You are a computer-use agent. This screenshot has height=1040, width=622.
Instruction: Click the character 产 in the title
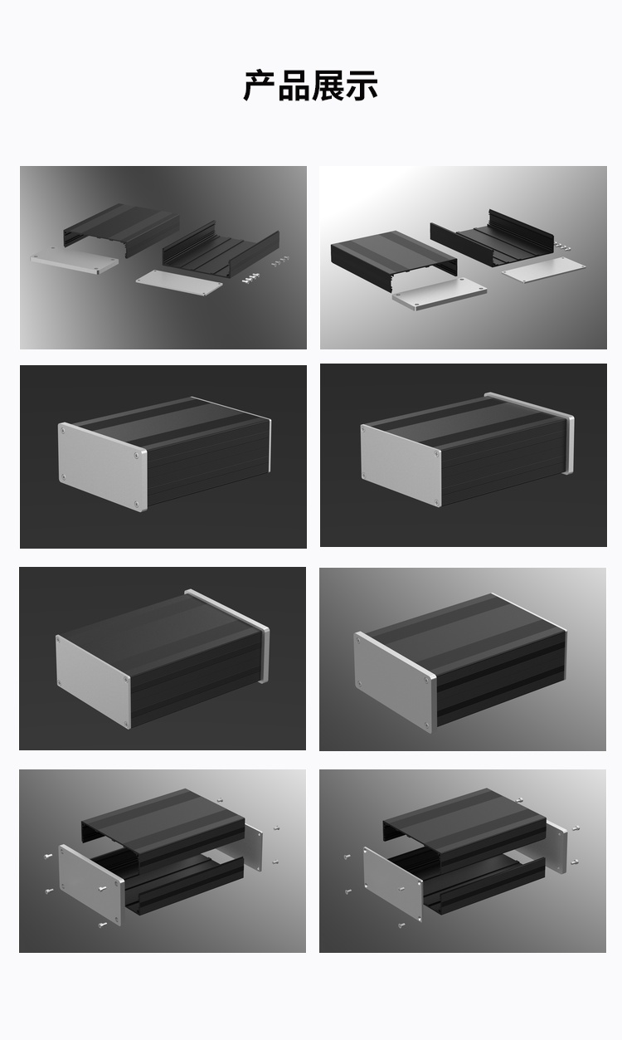(x=260, y=85)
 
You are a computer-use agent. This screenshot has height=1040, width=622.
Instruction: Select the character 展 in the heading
(x=327, y=85)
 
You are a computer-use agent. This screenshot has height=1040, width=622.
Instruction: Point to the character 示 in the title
(x=362, y=85)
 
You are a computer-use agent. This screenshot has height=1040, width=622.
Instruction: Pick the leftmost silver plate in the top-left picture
(x=74, y=261)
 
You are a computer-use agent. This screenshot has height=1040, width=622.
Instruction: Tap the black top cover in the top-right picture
(x=394, y=259)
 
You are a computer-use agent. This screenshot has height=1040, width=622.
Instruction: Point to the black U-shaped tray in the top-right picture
(x=492, y=237)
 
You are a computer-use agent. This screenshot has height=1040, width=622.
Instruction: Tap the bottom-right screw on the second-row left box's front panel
(x=136, y=503)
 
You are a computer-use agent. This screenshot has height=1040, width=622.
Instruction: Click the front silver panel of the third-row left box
(x=93, y=681)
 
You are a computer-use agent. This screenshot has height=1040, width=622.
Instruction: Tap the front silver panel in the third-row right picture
(x=396, y=681)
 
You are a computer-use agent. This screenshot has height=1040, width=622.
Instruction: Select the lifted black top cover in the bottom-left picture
(x=163, y=826)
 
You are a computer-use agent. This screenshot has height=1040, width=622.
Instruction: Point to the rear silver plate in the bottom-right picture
(x=556, y=847)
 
